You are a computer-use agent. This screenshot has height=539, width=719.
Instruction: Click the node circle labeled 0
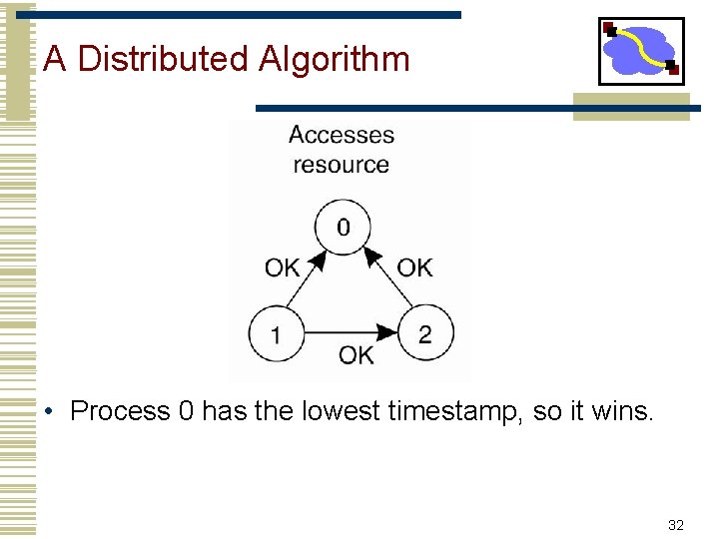point(343,227)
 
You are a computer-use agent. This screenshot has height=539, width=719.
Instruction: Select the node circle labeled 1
point(277,334)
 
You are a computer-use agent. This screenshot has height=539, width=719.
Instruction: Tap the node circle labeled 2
point(425,333)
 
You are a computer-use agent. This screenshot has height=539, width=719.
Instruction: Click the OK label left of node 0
point(282,268)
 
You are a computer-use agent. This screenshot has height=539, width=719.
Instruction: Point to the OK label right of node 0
point(414,268)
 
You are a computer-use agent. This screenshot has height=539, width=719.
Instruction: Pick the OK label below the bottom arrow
point(357,355)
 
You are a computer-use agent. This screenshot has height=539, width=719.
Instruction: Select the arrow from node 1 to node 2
point(350,333)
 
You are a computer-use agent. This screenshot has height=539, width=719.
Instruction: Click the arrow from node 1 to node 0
point(305,284)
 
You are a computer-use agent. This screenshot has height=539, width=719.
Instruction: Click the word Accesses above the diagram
point(342,135)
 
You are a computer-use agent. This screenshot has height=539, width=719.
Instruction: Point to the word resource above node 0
point(342,164)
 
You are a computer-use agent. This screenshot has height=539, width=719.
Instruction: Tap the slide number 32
point(675,525)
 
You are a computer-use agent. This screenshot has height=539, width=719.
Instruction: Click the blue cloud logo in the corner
point(640,50)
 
